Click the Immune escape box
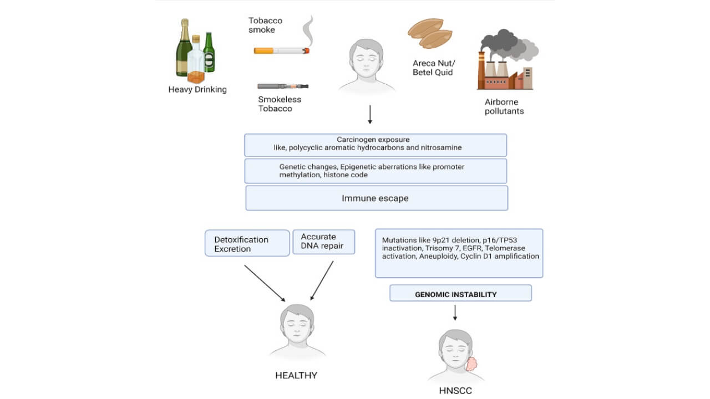376,198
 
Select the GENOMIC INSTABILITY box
460,293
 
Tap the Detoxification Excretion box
247,244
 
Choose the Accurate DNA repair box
323,242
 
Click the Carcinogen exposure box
376,145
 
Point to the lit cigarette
281,51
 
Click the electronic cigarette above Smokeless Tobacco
283,86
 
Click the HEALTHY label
296,376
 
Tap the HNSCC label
455,391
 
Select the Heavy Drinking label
197,89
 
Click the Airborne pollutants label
504,106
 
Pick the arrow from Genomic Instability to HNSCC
455,313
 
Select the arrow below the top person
370,115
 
